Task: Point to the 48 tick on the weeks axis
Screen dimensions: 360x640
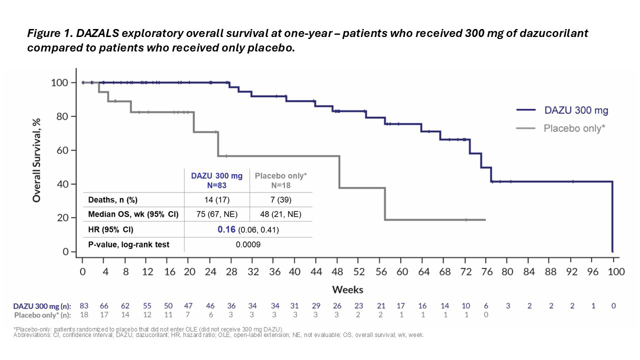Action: [337, 272]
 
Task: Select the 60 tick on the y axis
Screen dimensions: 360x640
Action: [62, 150]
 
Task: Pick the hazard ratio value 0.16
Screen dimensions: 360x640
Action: [226, 230]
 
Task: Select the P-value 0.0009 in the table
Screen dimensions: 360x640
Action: [248, 245]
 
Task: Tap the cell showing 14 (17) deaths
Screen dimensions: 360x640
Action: [217, 200]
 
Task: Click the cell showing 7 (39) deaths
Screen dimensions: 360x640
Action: [280, 200]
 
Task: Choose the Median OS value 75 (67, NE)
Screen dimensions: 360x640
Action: [217, 215]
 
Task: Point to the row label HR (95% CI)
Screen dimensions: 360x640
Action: [110, 230]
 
